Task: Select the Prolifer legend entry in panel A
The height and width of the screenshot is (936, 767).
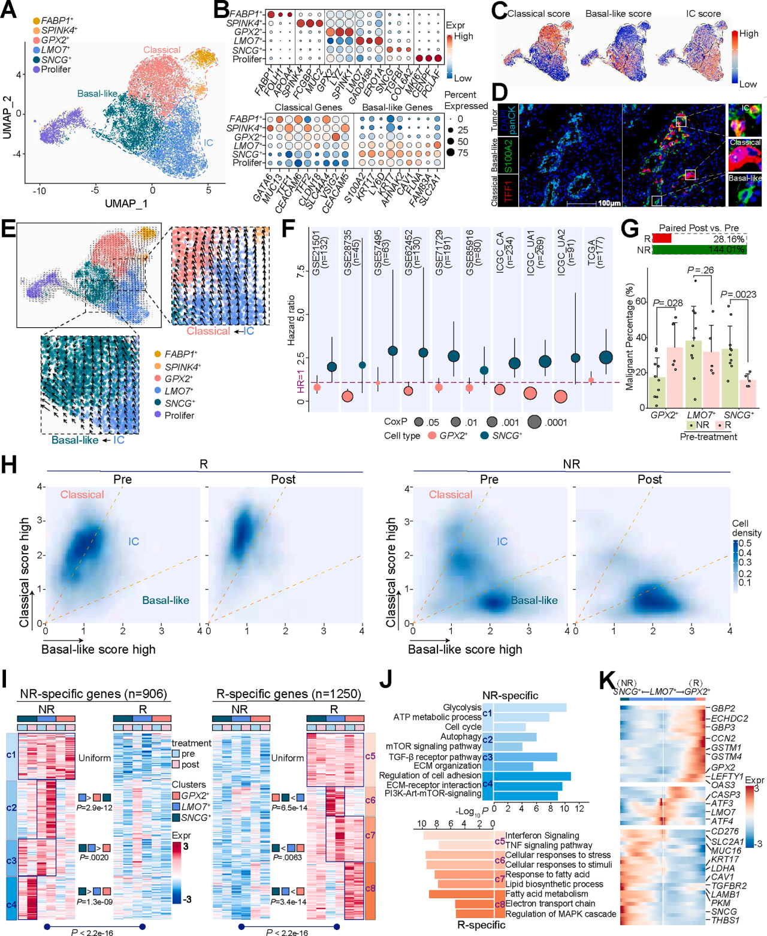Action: tap(55, 70)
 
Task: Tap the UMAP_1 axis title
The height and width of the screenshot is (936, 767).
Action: tap(126, 204)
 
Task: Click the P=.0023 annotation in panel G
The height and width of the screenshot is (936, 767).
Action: tap(738, 294)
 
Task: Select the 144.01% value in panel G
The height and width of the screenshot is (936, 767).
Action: tap(726, 249)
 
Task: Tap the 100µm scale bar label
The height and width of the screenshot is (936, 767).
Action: tap(609, 203)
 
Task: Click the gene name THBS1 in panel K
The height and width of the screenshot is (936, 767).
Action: tap(725, 920)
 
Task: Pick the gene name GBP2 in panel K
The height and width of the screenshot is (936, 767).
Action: tap(723, 708)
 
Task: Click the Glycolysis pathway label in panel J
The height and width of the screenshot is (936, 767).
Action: tap(462, 707)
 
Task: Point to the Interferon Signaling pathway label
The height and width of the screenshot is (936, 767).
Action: tap(542, 835)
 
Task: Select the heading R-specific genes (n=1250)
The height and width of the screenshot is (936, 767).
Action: tap(288, 694)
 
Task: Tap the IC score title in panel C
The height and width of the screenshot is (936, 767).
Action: tap(703, 13)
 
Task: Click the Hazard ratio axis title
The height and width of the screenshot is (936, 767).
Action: tap(291, 320)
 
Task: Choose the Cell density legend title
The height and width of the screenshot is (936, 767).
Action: tap(746, 528)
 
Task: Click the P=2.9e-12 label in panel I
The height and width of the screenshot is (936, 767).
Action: tap(95, 808)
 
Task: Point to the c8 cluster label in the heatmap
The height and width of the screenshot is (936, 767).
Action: tap(370, 888)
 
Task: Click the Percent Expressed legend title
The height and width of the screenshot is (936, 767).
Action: tap(466, 100)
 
